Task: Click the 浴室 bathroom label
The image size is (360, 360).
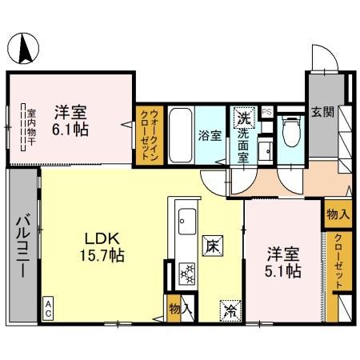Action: point(208,135)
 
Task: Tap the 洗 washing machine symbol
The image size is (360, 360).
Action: point(242,118)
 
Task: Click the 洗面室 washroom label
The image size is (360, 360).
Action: point(242,143)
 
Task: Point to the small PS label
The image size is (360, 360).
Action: point(267,112)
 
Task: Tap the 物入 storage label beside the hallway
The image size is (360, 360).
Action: point(337,214)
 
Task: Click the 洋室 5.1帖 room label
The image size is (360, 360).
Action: point(284,263)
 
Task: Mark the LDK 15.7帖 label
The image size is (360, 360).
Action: point(105,246)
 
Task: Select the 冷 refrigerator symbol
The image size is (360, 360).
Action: point(228,307)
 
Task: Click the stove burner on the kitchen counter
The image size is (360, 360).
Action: point(186,274)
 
